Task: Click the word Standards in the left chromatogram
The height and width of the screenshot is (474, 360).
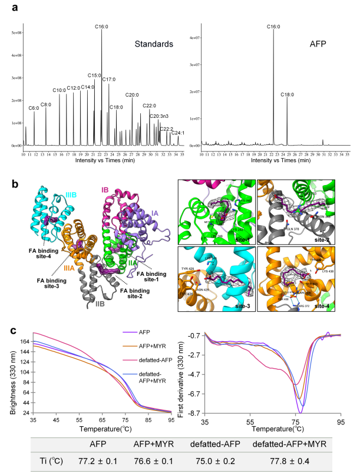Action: click(153, 44)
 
